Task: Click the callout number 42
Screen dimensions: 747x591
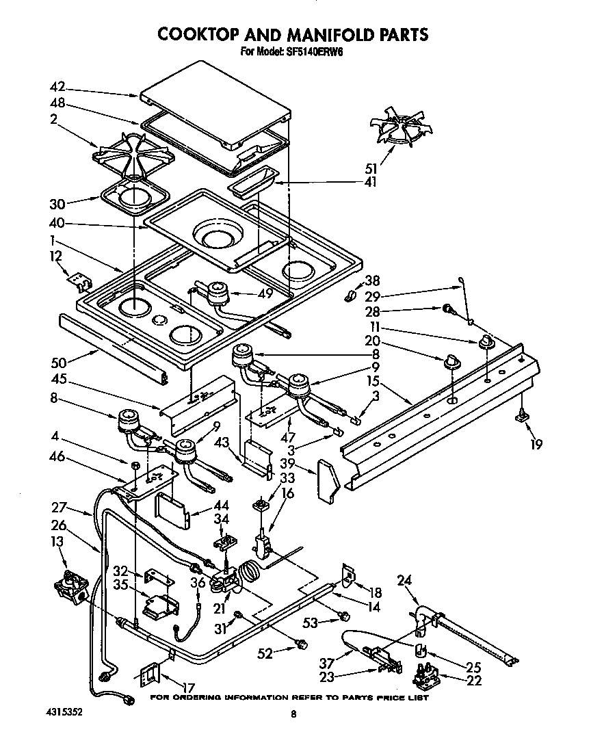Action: click(x=57, y=87)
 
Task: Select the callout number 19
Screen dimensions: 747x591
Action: click(x=536, y=445)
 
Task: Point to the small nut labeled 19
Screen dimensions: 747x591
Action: click(x=522, y=415)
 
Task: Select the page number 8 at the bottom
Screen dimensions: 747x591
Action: click(x=293, y=714)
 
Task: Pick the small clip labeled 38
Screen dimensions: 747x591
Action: click(x=350, y=296)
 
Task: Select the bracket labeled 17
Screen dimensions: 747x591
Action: click(x=150, y=677)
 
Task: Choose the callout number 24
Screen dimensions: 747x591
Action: click(x=404, y=581)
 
